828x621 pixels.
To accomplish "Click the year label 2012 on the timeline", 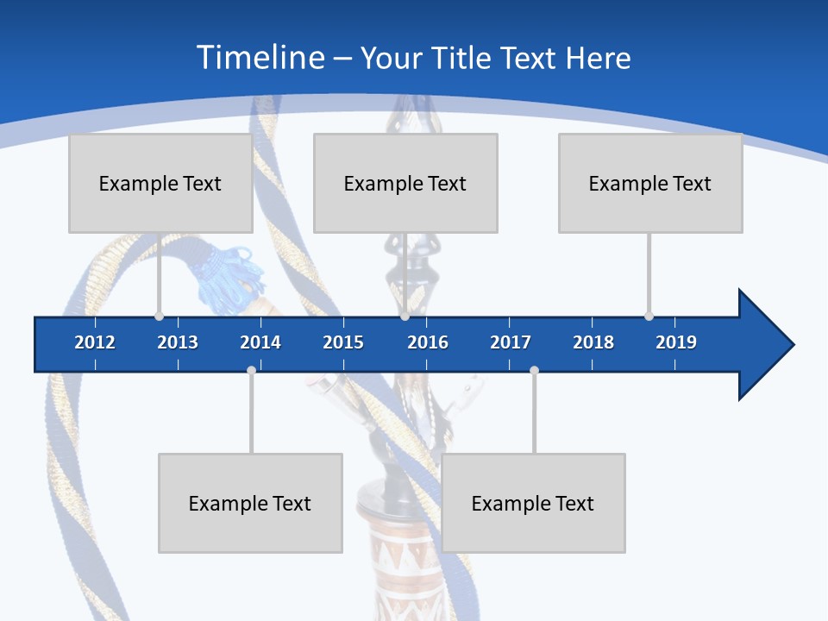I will [95, 342].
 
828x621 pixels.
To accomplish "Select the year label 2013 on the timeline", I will [178, 342].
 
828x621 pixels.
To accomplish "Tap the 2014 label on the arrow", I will [260, 342].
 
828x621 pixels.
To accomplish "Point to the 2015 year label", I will [343, 342].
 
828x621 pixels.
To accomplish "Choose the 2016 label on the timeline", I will [428, 342].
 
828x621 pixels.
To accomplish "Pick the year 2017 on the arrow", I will [511, 342].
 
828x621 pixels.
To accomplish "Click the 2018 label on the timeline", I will [593, 342].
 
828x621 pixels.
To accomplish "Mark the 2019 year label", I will [676, 342].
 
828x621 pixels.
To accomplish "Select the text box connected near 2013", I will [160, 183].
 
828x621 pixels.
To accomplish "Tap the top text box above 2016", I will [405, 183].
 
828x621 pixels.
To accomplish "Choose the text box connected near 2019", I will [650, 183].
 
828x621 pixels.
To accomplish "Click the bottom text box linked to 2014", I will [250, 503].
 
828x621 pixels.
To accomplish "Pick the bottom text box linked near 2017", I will [533, 503].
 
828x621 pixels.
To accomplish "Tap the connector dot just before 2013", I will [159, 316].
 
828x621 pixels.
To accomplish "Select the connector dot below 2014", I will [251, 370].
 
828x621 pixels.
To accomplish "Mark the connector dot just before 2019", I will [649, 316].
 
